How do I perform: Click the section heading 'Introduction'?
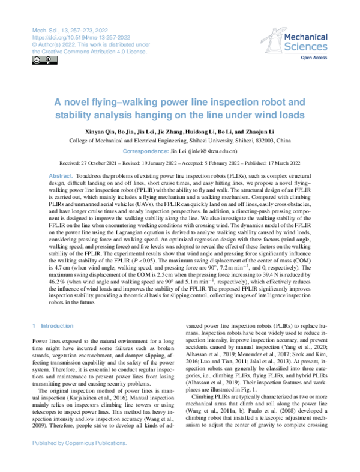point(58,325)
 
